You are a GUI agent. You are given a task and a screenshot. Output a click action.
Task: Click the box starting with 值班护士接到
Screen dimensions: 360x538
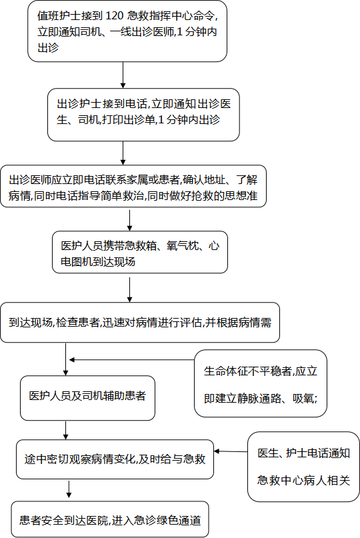[127, 31]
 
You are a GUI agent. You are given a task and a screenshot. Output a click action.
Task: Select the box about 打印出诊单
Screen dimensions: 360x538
[143, 115]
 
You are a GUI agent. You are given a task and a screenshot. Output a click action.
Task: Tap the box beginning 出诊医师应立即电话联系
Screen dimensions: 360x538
[133, 186]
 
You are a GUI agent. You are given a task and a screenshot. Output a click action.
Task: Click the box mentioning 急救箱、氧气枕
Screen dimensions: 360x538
[140, 252]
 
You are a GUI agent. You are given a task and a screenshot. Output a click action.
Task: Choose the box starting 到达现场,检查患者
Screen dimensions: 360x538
[140, 323]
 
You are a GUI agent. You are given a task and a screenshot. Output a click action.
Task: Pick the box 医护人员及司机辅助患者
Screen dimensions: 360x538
[87, 398]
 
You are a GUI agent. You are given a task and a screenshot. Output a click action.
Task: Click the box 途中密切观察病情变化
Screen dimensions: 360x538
[115, 459]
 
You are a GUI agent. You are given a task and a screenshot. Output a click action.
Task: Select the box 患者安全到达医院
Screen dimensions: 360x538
[110, 519]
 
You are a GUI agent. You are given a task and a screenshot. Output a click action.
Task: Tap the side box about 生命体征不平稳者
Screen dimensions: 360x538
[261, 383]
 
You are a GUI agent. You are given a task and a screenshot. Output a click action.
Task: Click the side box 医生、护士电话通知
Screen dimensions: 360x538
[304, 467]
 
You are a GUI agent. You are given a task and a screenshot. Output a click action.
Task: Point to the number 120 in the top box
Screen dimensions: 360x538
[113, 16]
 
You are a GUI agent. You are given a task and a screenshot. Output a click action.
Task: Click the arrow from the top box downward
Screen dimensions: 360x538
[123, 75]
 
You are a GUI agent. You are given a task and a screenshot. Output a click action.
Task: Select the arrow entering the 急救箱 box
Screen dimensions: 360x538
[130, 220]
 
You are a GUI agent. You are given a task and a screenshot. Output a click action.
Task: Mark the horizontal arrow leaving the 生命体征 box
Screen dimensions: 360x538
[132, 359]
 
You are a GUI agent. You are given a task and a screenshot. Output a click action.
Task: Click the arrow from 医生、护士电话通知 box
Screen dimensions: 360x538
[231, 451]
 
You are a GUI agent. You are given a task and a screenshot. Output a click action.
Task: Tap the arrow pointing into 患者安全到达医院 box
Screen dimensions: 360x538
[69, 489]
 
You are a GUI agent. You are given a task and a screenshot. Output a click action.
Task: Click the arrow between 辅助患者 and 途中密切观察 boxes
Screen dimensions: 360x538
[66, 430]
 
